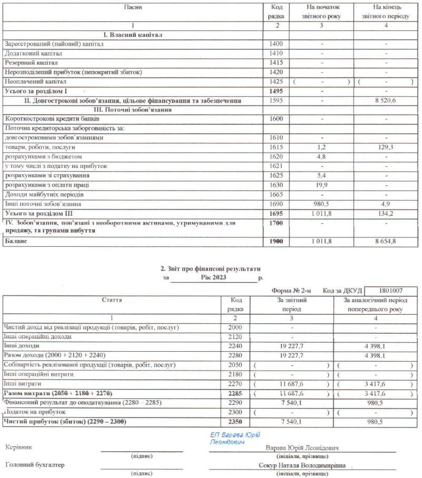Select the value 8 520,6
[386, 100]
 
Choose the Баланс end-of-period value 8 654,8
[386, 242]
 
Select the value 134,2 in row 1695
[386, 214]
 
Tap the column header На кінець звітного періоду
[386, 12]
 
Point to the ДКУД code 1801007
[390, 291]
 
